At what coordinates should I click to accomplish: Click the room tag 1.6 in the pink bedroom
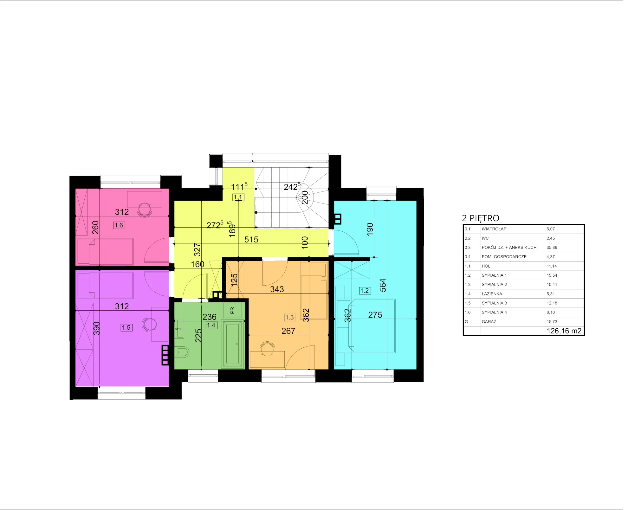[x=119, y=225]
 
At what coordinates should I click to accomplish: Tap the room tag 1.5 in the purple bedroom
[x=126, y=327]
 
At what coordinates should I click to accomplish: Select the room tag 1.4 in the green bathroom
[x=211, y=325]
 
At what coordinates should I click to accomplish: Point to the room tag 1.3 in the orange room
[x=290, y=317]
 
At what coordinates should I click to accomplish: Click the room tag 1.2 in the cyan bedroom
[x=365, y=290]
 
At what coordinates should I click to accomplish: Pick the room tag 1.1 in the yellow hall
[x=238, y=197]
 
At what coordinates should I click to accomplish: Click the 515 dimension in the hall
[x=251, y=240]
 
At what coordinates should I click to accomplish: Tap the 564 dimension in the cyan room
[x=383, y=285]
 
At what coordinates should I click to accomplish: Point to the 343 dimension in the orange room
[x=277, y=289]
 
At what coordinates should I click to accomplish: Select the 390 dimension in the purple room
[x=96, y=328]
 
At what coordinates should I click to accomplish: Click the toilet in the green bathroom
[x=182, y=352]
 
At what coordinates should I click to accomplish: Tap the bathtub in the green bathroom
[x=233, y=344]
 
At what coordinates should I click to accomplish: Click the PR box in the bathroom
[x=232, y=310]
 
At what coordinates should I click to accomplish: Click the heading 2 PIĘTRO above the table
[x=481, y=218]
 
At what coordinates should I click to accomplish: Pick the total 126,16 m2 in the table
[x=564, y=331]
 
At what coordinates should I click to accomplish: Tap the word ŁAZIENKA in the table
[x=492, y=294]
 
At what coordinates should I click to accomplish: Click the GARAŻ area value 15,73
[x=552, y=322]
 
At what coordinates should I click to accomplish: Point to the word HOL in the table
[x=486, y=266]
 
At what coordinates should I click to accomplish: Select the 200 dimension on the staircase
[x=305, y=197]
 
